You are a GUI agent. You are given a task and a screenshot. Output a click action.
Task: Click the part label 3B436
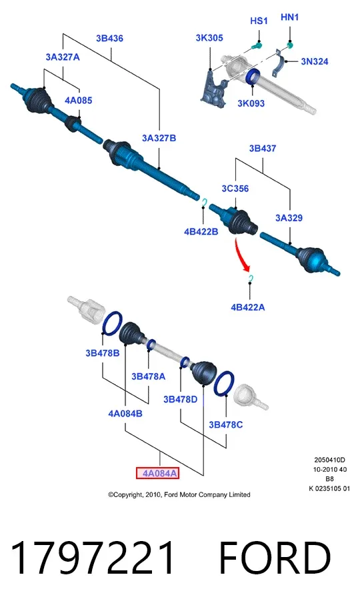[x=109, y=38]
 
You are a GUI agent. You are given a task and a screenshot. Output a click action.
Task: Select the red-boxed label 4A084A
[x=157, y=473]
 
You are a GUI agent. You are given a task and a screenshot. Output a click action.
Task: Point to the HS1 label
[x=259, y=21]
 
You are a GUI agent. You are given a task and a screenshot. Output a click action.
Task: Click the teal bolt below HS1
[x=256, y=46]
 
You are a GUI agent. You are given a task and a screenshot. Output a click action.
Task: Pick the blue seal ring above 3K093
[x=253, y=77]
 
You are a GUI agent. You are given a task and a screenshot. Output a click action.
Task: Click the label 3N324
[x=315, y=61]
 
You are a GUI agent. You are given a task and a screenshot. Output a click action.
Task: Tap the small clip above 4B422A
[x=251, y=278]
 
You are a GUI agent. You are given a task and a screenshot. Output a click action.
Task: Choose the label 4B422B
[x=201, y=231]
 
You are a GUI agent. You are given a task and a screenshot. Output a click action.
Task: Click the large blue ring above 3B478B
[x=113, y=323]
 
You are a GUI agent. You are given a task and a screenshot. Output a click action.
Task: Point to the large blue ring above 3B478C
[x=224, y=383]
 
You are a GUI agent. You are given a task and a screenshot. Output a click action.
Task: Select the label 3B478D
[x=181, y=399]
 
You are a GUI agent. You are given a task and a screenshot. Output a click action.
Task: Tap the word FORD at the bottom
[x=275, y=558]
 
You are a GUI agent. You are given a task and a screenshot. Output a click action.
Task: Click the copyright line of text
[x=179, y=494]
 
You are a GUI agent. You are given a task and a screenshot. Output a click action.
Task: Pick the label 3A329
[x=289, y=218]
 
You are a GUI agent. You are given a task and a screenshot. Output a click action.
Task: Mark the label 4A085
[x=78, y=100]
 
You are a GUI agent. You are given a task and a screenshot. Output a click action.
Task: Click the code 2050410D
[x=330, y=460]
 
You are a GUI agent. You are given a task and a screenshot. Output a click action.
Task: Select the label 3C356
[x=235, y=189]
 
